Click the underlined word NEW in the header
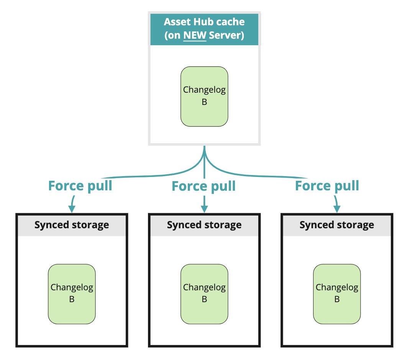[x=195, y=36]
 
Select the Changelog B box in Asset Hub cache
[x=204, y=96]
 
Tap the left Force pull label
[x=80, y=186]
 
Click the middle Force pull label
[x=203, y=186]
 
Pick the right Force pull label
[x=327, y=186]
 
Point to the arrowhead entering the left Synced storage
[x=72, y=209]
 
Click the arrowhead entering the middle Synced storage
[x=204, y=209]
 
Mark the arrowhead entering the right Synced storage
[x=337, y=209]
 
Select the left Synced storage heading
[x=72, y=225]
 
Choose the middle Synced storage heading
[x=204, y=225]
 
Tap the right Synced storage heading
[x=337, y=225]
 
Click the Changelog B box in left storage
[x=72, y=294]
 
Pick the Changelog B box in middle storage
[x=204, y=294]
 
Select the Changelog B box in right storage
[x=337, y=294]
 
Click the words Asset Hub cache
[x=204, y=21]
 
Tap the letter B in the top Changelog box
[x=204, y=102]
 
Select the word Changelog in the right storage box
[x=337, y=287]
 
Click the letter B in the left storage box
[x=72, y=299]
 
